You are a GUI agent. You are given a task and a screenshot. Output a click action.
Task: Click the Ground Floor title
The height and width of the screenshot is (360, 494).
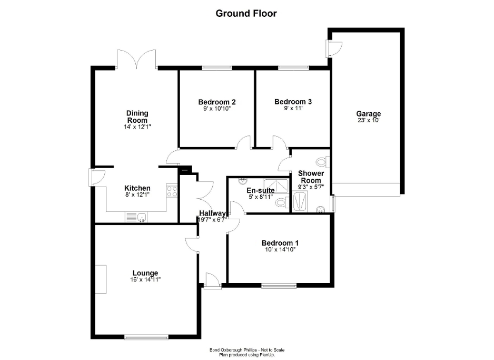(246, 13)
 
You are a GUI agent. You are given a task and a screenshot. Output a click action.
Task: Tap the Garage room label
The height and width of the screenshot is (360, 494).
(368, 113)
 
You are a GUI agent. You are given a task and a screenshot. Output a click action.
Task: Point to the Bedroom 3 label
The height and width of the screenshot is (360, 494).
(293, 102)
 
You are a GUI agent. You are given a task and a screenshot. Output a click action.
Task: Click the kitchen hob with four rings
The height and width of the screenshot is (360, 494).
(172, 191)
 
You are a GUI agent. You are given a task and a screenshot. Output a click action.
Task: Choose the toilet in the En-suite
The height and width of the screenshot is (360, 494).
(283, 202)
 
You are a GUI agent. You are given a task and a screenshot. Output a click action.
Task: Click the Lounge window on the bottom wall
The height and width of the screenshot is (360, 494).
(146, 337)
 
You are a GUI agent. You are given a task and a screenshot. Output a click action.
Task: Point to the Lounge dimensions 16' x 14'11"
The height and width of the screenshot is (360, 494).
(145, 279)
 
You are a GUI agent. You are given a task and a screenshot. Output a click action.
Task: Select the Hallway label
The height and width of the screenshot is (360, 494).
(212, 213)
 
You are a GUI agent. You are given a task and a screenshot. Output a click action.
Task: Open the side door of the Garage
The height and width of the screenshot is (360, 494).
(333, 48)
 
